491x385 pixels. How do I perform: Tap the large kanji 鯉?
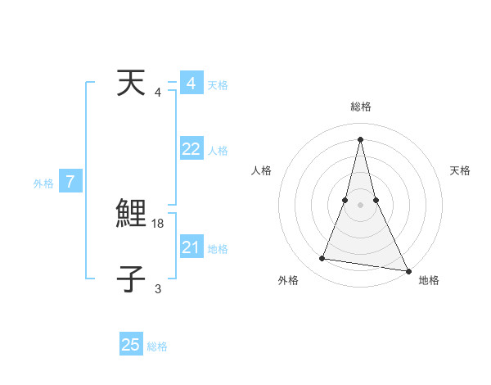click(x=131, y=215)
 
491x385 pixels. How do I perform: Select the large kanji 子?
click(x=131, y=279)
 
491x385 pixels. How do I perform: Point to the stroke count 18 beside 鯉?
click(x=159, y=223)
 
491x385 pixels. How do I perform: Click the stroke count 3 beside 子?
click(x=158, y=288)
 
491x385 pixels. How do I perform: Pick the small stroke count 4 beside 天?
click(x=158, y=92)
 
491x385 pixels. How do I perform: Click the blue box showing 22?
click(x=191, y=149)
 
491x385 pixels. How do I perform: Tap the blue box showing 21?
click(x=191, y=247)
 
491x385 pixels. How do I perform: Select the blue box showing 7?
click(x=70, y=182)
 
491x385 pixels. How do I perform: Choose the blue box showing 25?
click(x=131, y=345)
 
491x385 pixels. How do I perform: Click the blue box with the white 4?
click(x=191, y=84)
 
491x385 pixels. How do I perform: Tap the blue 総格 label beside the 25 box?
click(x=157, y=346)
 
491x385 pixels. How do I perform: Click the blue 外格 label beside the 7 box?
click(x=43, y=183)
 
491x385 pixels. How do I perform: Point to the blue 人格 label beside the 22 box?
click(x=218, y=151)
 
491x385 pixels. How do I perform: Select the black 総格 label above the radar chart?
click(x=361, y=106)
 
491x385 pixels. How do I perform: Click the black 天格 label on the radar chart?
click(x=461, y=170)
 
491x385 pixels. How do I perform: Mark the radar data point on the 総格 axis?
click(x=361, y=138)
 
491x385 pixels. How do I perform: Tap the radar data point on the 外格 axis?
click(x=322, y=259)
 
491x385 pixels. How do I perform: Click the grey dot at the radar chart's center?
click(x=361, y=204)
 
